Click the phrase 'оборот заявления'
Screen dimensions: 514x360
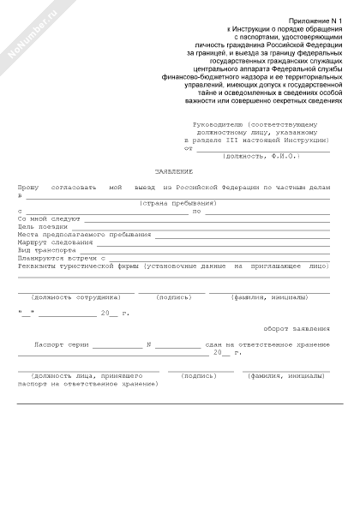(x=297, y=329)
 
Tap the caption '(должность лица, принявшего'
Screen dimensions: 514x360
(x=86, y=375)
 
